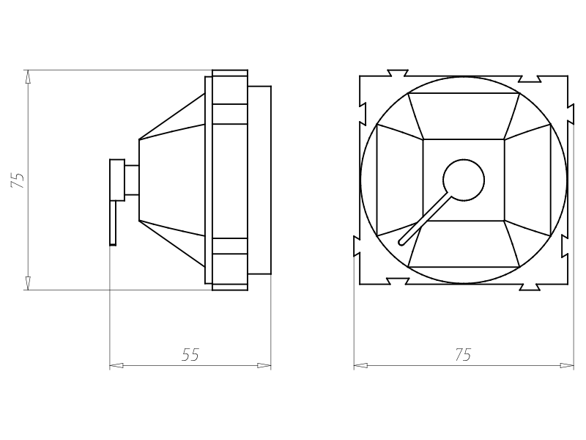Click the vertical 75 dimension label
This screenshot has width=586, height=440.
click(x=18, y=180)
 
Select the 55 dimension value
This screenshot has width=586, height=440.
click(x=190, y=355)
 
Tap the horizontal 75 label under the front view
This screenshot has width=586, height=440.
click(x=464, y=355)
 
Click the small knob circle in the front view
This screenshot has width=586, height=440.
click(x=464, y=180)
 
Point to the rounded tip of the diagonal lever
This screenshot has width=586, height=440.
click(x=401, y=243)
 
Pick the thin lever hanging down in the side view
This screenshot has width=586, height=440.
click(x=113, y=223)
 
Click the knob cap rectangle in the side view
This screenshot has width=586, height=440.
click(x=117, y=180)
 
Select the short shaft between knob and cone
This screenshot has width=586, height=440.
click(x=132, y=180)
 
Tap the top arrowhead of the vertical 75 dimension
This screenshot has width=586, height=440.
click(x=28, y=77)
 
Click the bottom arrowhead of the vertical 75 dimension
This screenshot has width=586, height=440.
click(x=28, y=283)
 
